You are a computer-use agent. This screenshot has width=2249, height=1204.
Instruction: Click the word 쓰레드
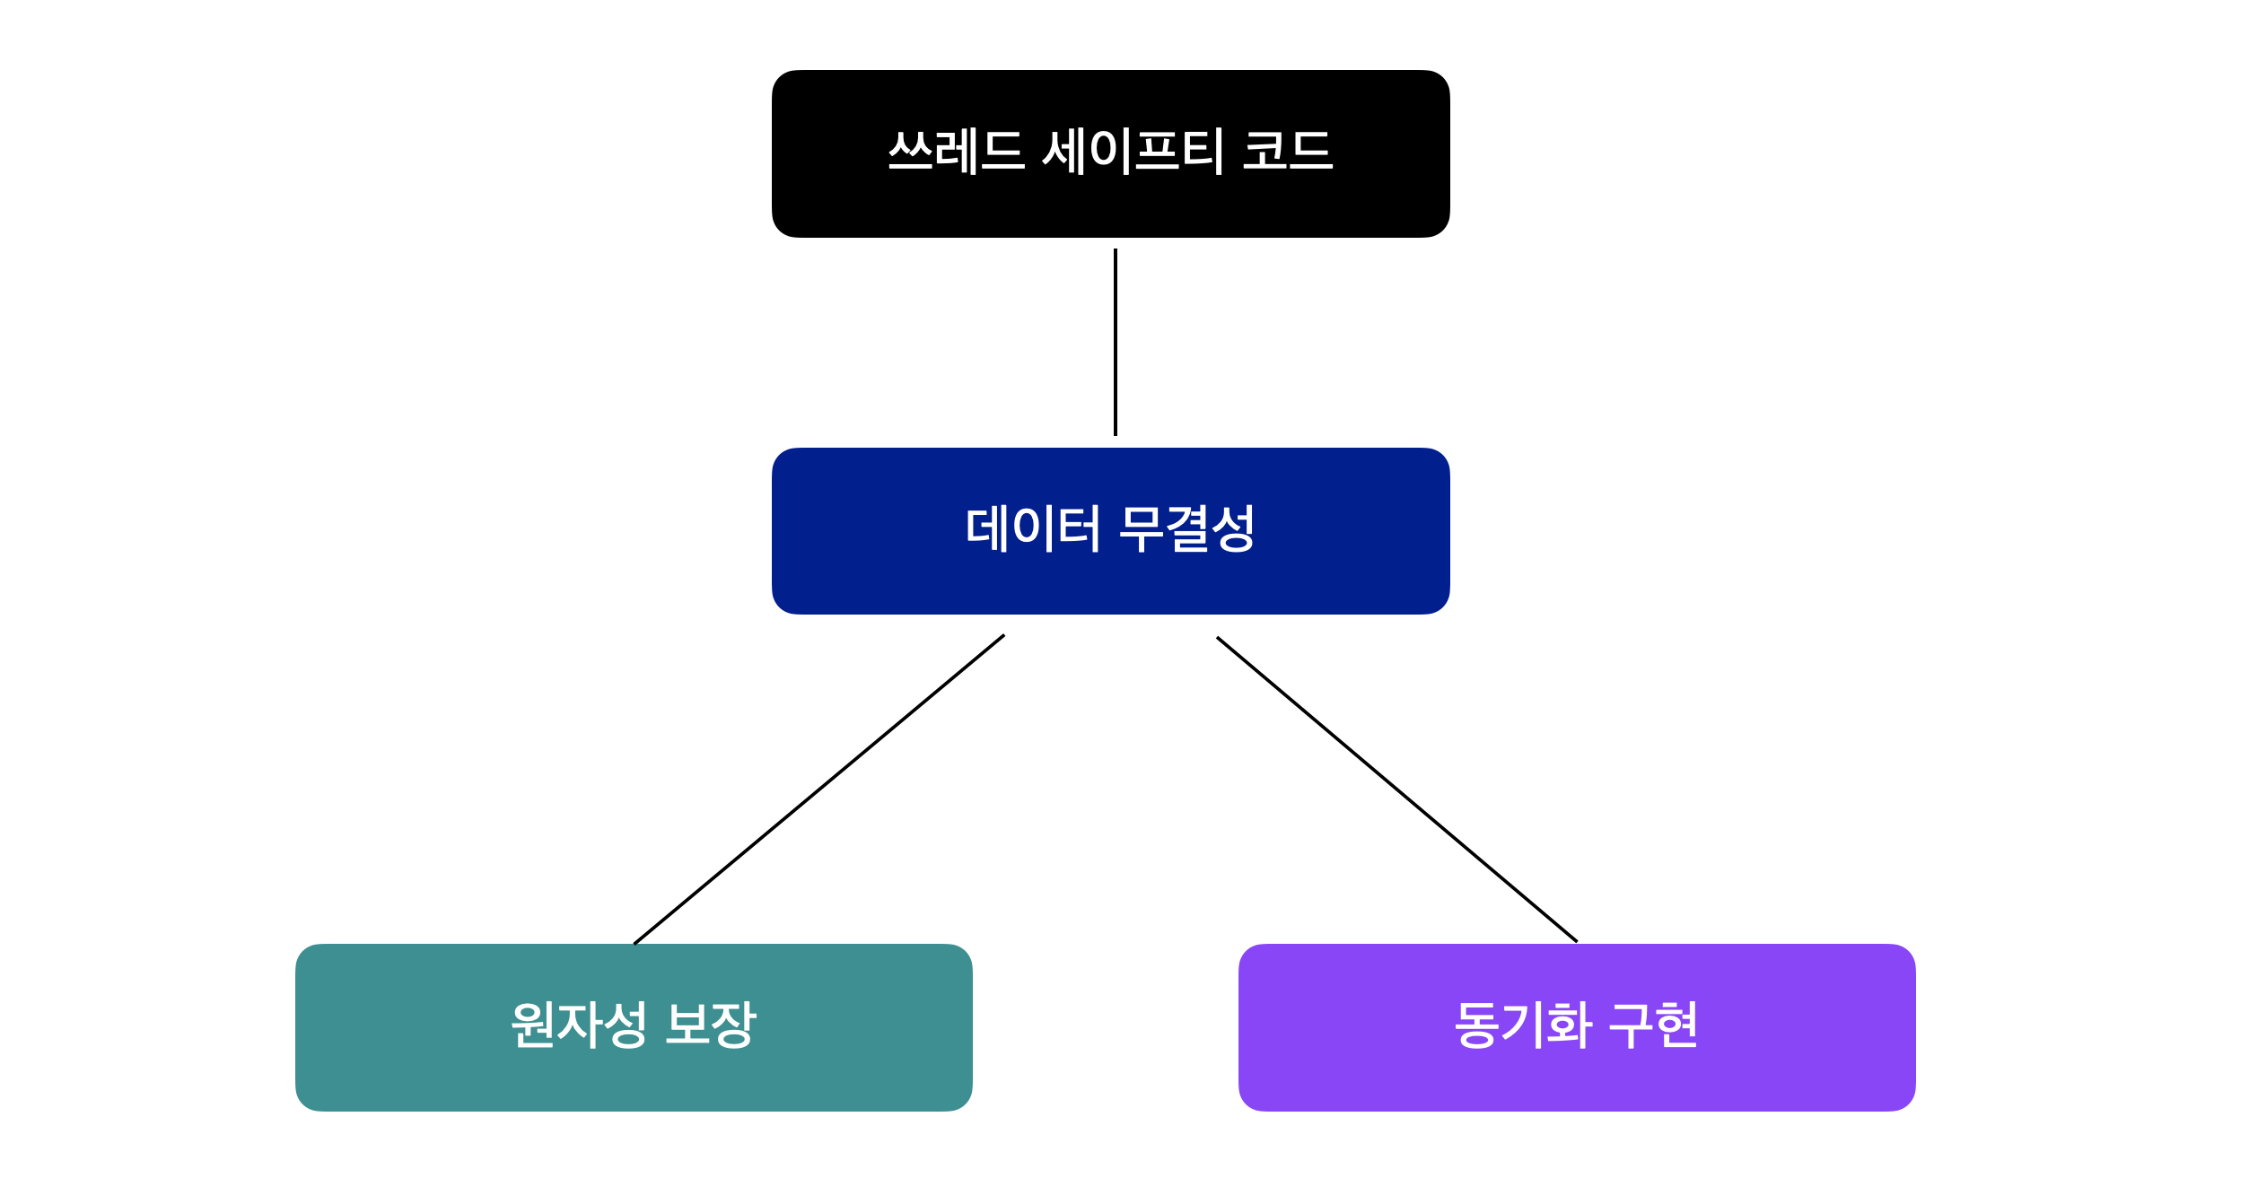[956, 151]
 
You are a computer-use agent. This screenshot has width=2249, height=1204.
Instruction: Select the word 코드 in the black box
[1288, 151]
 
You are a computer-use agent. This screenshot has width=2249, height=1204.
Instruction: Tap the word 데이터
[1032, 528]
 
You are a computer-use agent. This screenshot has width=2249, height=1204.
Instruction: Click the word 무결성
[1187, 528]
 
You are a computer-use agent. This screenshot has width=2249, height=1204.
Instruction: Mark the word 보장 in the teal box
[711, 1025]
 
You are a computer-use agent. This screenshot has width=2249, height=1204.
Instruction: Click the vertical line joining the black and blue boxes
[1116, 342]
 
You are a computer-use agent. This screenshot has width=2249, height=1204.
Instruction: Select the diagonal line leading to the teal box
[818, 790]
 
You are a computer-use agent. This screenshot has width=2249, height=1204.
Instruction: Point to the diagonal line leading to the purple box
[1396, 790]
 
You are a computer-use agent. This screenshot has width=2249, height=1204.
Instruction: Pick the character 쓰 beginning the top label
[910, 151]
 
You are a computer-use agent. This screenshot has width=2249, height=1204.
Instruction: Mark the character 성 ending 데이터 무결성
[1233, 528]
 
